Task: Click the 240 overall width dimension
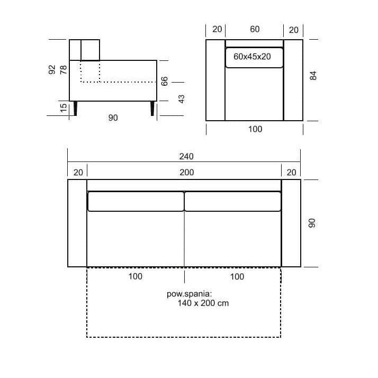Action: coord(186,157)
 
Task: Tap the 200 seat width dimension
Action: coord(186,173)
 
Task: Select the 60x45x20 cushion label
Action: coord(252,57)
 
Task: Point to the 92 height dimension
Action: coord(52,70)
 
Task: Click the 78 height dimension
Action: coord(64,70)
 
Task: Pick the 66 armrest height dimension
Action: coord(164,81)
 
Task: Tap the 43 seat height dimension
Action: coord(181,99)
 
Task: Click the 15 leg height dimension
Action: coord(64,108)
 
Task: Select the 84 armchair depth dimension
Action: coord(313,76)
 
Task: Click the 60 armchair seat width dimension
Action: coord(255,29)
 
